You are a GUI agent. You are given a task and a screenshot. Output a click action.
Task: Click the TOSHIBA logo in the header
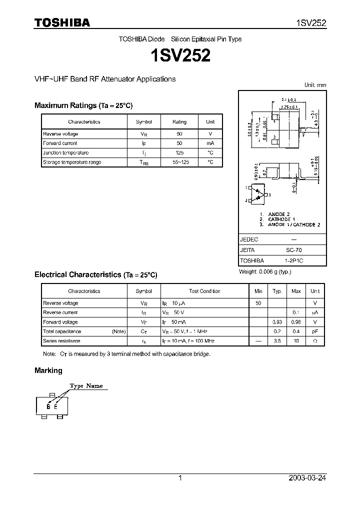point(61,22)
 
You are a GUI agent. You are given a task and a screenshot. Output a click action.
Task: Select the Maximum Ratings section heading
point(83,105)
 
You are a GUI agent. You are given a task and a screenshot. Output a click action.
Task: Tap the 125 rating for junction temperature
point(179,152)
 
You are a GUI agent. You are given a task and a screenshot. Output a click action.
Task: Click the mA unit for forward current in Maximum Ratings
point(210,143)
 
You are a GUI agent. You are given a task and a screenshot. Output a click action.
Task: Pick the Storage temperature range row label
point(72,162)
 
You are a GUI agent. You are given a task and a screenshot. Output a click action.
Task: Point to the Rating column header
point(179,121)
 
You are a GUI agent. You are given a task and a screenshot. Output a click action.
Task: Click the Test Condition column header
point(204,291)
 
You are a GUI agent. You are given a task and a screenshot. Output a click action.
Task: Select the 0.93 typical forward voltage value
point(276,322)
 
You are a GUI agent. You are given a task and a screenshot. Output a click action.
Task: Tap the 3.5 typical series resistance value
point(277,341)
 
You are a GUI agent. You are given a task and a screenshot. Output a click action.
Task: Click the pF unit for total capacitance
point(315,331)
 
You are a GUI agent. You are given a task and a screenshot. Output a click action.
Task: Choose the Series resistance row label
point(61,341)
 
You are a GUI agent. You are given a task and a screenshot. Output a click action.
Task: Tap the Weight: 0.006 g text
point(264,271)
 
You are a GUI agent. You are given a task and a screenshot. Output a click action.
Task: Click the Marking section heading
point(48,370)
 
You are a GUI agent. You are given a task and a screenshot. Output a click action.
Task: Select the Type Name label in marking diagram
point(86,386)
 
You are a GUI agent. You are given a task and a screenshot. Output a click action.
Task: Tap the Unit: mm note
point(315,85)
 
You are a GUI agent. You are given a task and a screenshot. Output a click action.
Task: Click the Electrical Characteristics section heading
point(95,274)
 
